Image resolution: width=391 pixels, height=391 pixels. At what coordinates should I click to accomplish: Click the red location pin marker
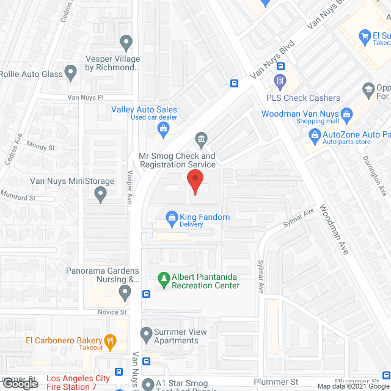click(195, 180)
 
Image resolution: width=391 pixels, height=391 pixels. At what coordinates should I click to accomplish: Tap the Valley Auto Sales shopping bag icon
click(163, 128)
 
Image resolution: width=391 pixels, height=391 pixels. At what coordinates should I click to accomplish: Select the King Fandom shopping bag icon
click(172, 216)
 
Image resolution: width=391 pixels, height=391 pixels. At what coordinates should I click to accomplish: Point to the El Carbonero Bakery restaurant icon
click(110, 342)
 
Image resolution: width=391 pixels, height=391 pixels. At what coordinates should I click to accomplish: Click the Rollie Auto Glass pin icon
click(71, 74)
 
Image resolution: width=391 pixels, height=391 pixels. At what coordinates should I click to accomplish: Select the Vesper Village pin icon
click(126, 43)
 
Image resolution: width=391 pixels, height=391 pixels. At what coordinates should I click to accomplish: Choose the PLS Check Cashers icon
click(280, 81)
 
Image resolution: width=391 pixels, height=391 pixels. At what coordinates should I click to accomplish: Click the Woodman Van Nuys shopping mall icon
click(346, 114)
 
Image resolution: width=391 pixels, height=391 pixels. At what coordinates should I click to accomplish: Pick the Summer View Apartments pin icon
click(146, 334)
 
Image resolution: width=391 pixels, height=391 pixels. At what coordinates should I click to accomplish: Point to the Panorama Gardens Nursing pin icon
click(125, 293)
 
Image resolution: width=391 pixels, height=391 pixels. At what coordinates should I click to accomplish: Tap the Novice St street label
click(112, 312)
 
